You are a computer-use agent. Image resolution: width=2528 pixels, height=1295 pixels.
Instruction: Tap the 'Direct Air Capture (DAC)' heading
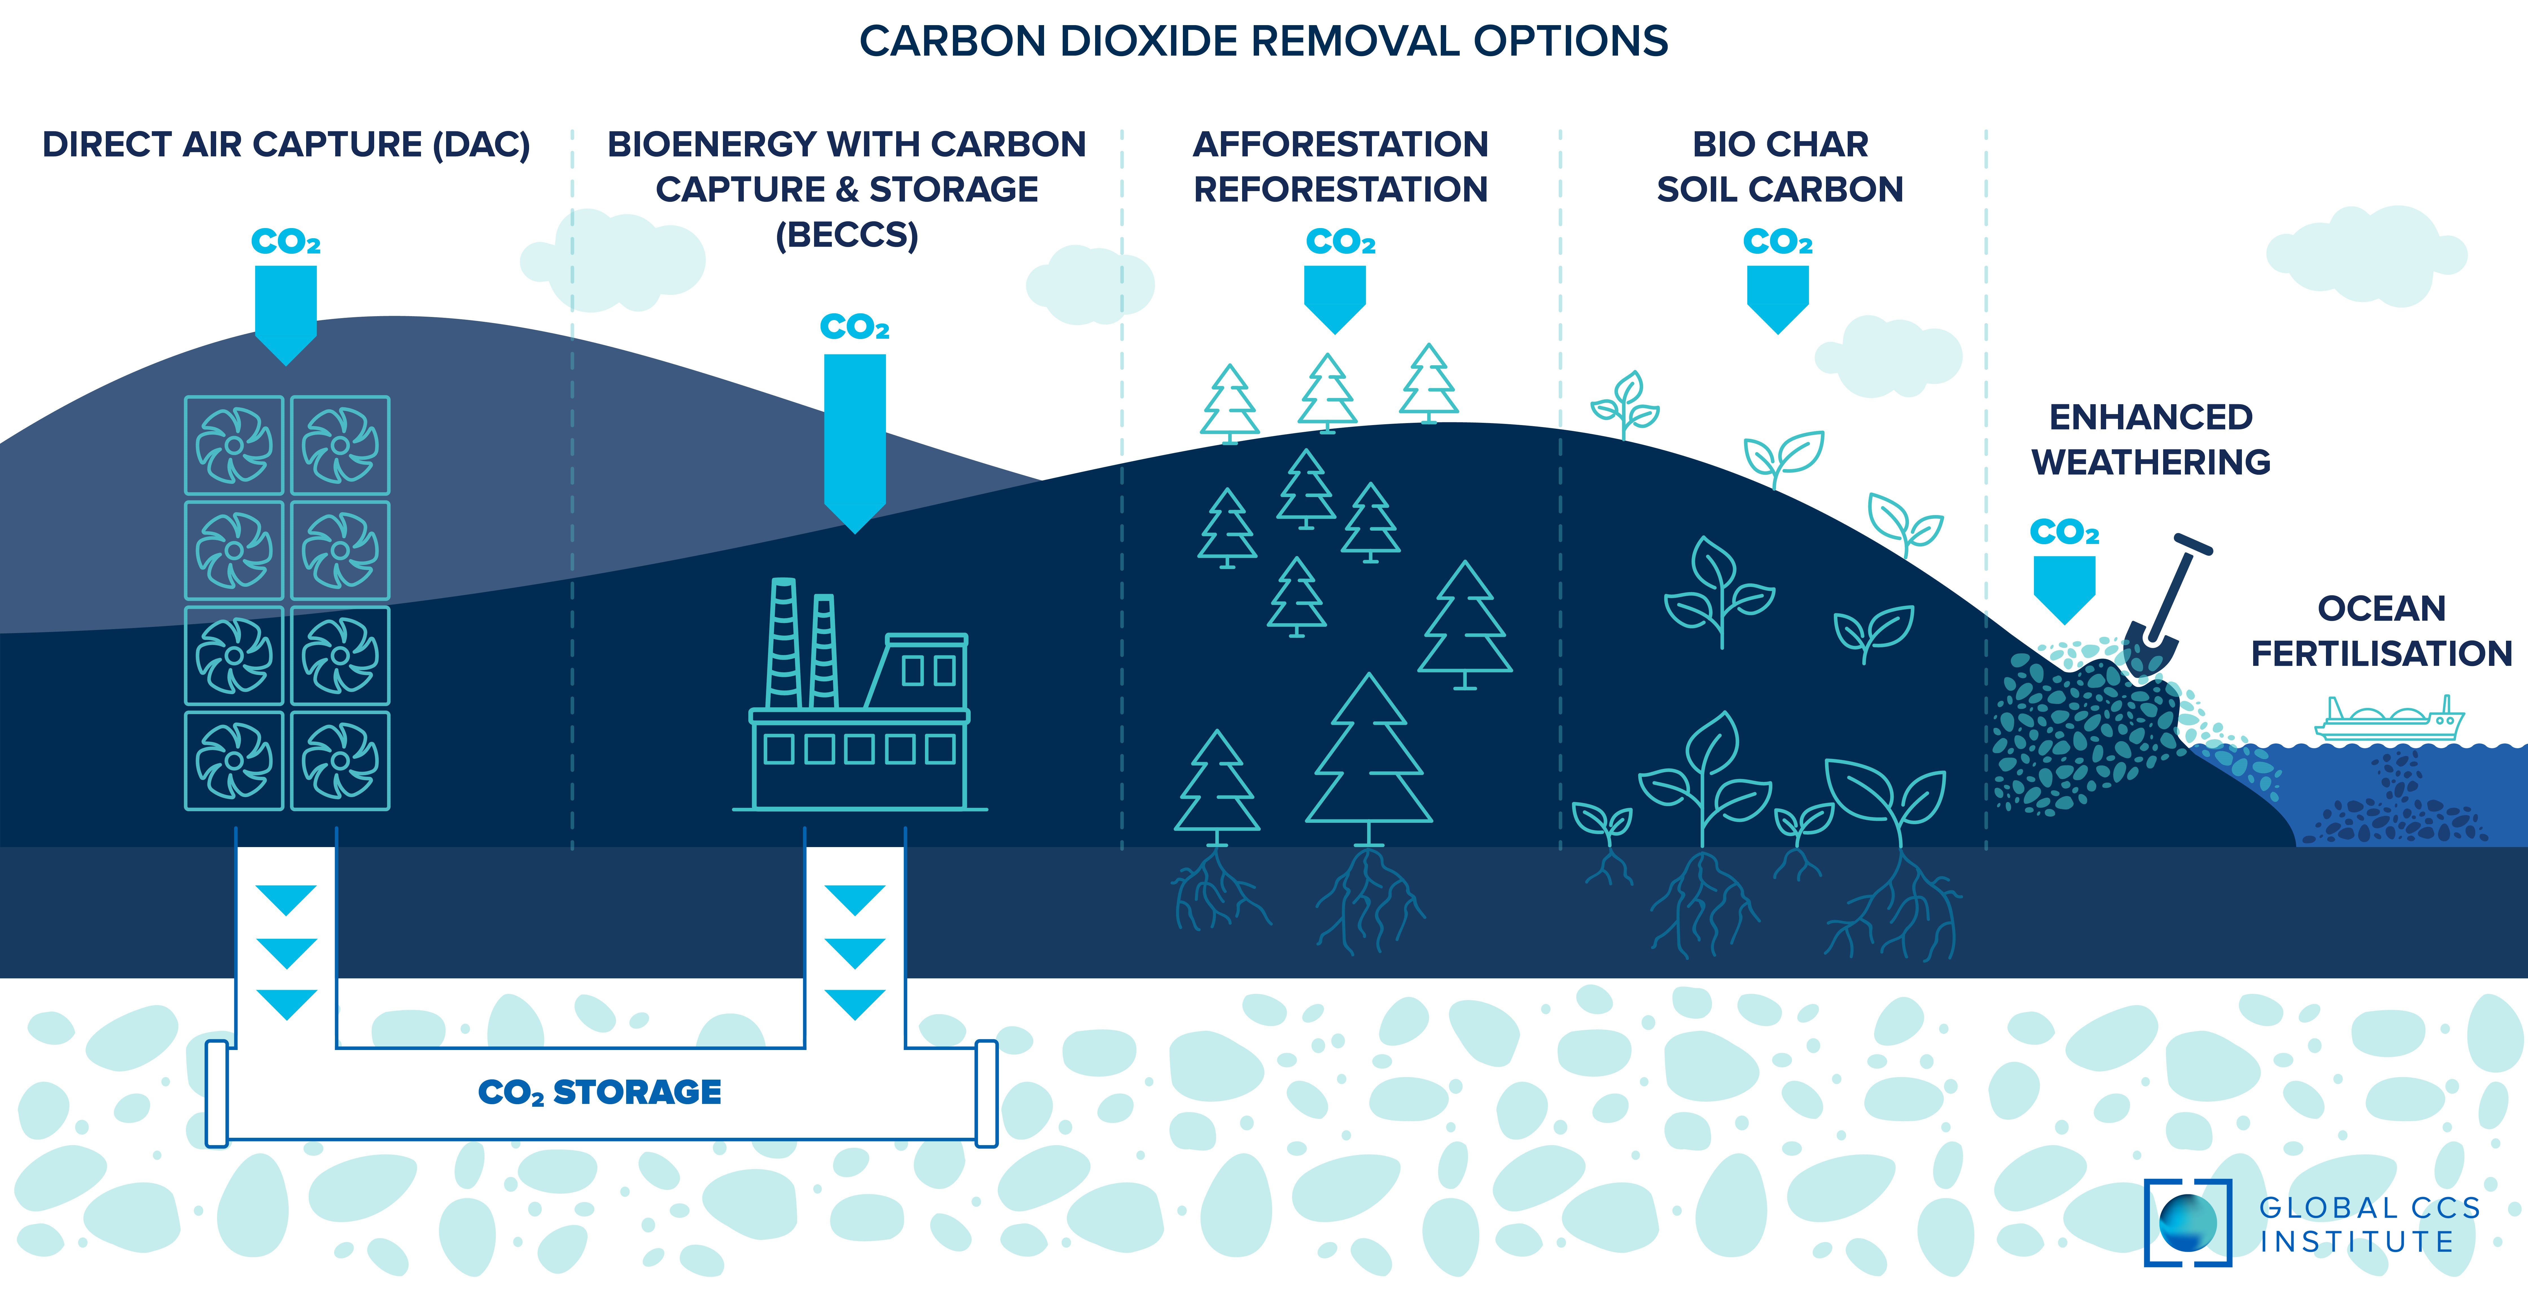(x=286, y=144)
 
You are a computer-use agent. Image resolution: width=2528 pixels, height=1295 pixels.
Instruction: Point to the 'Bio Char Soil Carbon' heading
(x=1779, y=166)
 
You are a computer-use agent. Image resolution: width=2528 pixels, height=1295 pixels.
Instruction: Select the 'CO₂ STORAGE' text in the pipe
(x=600, y=1092)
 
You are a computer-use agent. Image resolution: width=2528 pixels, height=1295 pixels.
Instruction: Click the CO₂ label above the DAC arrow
(x=286, y=242)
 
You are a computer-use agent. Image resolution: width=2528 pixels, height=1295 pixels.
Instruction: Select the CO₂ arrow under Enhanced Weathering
(x=2064, y=587)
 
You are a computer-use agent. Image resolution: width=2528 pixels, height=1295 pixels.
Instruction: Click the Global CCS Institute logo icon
(x=2187, y=1222)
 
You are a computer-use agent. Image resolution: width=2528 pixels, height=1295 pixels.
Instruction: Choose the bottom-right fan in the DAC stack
(x=339, y=760)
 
